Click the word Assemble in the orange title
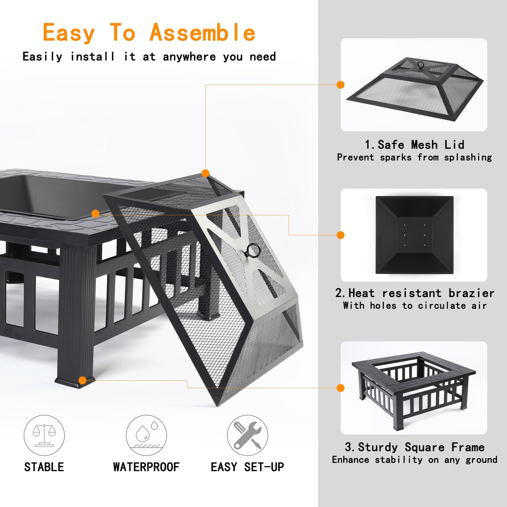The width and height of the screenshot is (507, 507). click(x=202, y=33)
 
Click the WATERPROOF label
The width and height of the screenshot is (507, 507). click(x=146, y=467)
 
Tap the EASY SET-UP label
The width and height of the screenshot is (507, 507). click(x=247, y=467)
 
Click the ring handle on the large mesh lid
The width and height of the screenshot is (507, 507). click(x=253, y=251)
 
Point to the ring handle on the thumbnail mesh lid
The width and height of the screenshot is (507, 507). click(x=420, y=65)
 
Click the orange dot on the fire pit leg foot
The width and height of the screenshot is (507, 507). click(x=83, y=380)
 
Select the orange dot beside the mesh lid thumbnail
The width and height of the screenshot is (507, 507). click(x=340, y=85)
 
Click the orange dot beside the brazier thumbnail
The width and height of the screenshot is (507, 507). click(x=340, y=235)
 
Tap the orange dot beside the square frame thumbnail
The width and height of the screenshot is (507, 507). click(x=340, y=388)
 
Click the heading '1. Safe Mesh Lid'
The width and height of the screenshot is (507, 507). click(x=414, y=145)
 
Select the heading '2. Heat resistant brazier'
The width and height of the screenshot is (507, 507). click(x=414, y=293)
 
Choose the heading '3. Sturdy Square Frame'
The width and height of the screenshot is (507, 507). click(x=414, y=447)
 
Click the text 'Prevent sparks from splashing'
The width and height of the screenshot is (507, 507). click(x=414, y=157)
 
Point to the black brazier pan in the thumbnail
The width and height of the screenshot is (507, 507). click(x=414, y=235)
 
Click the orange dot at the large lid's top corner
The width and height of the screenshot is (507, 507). click(x=206, y=173)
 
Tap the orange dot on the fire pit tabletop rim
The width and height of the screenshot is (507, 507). click(x=95, y=213)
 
